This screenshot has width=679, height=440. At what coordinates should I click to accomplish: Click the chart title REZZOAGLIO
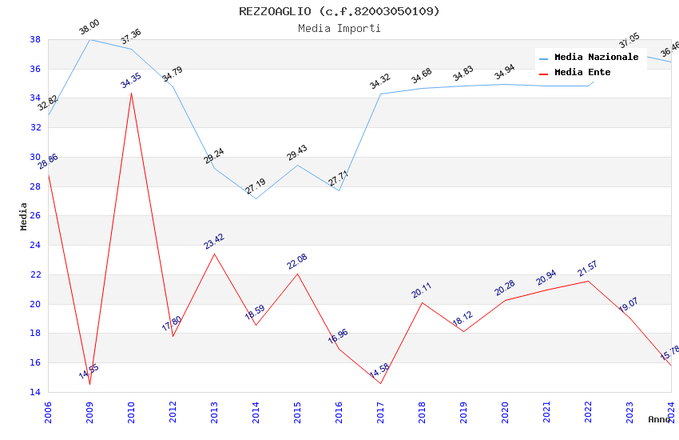pos(339,11)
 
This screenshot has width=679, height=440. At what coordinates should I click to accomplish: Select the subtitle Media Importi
pos(339,28)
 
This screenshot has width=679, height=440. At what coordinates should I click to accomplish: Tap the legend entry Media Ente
pos(582,72)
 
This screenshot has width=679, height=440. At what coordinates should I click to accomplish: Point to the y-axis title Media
pos(24,216)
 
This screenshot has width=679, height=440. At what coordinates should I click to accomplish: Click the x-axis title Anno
pos(659,419)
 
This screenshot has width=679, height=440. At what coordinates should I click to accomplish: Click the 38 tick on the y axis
pos(35,39)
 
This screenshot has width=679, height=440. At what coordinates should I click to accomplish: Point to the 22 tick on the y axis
pos(35,274)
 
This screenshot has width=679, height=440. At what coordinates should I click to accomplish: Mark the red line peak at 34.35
pos(131,93)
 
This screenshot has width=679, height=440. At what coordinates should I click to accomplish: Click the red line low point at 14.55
pos(89,384)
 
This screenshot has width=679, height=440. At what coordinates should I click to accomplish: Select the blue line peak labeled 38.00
pos(89,39)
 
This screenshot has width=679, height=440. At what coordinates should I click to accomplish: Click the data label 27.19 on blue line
pos(256,186)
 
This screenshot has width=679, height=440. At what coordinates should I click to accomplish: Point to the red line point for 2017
pos(380,383)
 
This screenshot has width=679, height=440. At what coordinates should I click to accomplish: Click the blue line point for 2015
pos(297,165)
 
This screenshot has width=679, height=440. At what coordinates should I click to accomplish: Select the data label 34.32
pos(380,81)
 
